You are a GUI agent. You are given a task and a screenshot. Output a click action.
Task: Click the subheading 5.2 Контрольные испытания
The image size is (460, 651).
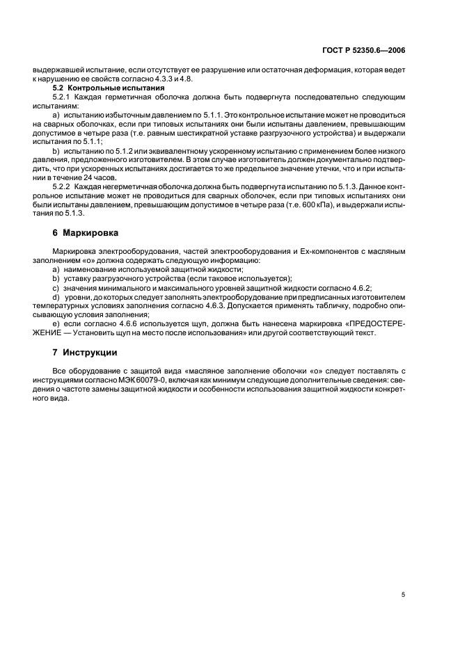pos(109,88)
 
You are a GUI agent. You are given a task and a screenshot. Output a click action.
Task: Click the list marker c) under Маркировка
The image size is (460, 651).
pos(56,287)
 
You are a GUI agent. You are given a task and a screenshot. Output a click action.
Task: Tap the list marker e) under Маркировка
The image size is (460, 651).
pos(56,323)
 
